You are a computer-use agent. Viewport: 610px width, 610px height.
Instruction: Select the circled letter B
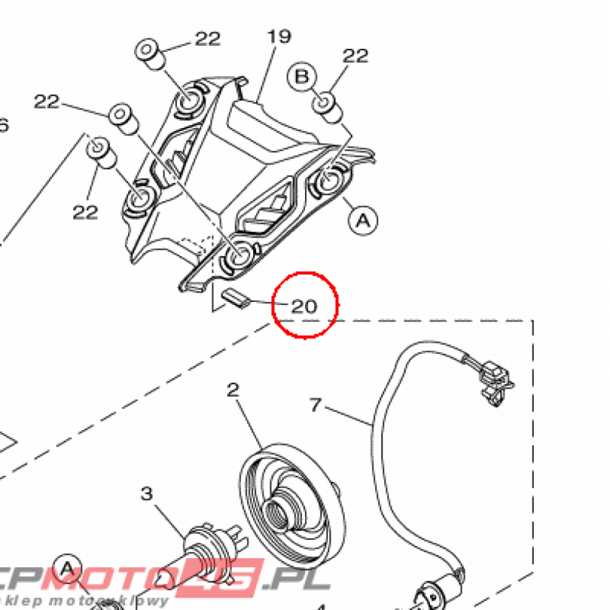tap(302, 77)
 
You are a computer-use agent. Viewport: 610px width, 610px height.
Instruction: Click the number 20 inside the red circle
tap(304, 306)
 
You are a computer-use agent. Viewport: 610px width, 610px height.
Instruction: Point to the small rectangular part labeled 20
tap(234, 298)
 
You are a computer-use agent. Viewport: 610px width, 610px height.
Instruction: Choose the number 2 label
tap(233, 391)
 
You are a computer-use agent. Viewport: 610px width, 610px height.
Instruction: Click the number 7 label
tap(316, 406)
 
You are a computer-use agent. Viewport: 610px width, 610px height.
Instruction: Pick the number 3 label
tap(147, 494)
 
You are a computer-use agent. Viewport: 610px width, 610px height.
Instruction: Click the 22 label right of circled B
tap(356, 56)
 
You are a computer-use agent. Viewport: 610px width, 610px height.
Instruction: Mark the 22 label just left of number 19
tap(207, 39)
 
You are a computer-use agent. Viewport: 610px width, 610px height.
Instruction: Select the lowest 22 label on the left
tap(85, 211)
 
